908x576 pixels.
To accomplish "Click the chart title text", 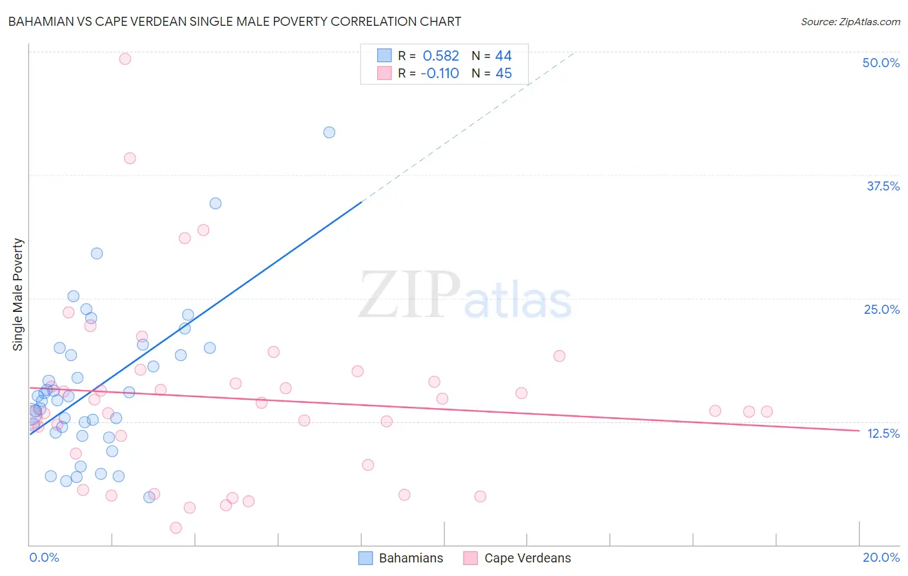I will (234, 21).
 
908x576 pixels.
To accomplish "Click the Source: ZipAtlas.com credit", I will (850, 22).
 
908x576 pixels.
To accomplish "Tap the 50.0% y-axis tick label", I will (881, 63).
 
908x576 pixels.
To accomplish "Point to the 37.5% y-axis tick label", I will (883, 186).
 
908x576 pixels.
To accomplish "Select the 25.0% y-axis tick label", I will (882, 309).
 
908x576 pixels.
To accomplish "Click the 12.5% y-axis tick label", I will (883, 433).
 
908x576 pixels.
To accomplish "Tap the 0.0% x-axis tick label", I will (44, 557).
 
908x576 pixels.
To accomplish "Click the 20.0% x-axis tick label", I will (881, 557).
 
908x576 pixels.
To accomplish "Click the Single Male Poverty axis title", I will (18, 294).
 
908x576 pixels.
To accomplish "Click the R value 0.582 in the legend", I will (440, 56).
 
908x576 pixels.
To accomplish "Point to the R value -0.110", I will (439, 74).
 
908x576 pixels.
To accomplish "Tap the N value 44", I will (503, 56).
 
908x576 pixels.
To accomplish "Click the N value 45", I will (503, 74).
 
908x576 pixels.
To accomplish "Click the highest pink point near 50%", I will (125, 59).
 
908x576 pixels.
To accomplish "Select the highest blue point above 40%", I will (329, 132).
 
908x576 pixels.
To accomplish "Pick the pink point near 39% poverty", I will (130, 158).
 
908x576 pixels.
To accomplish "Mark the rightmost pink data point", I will (767, 411).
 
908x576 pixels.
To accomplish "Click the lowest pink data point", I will (176, 528).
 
